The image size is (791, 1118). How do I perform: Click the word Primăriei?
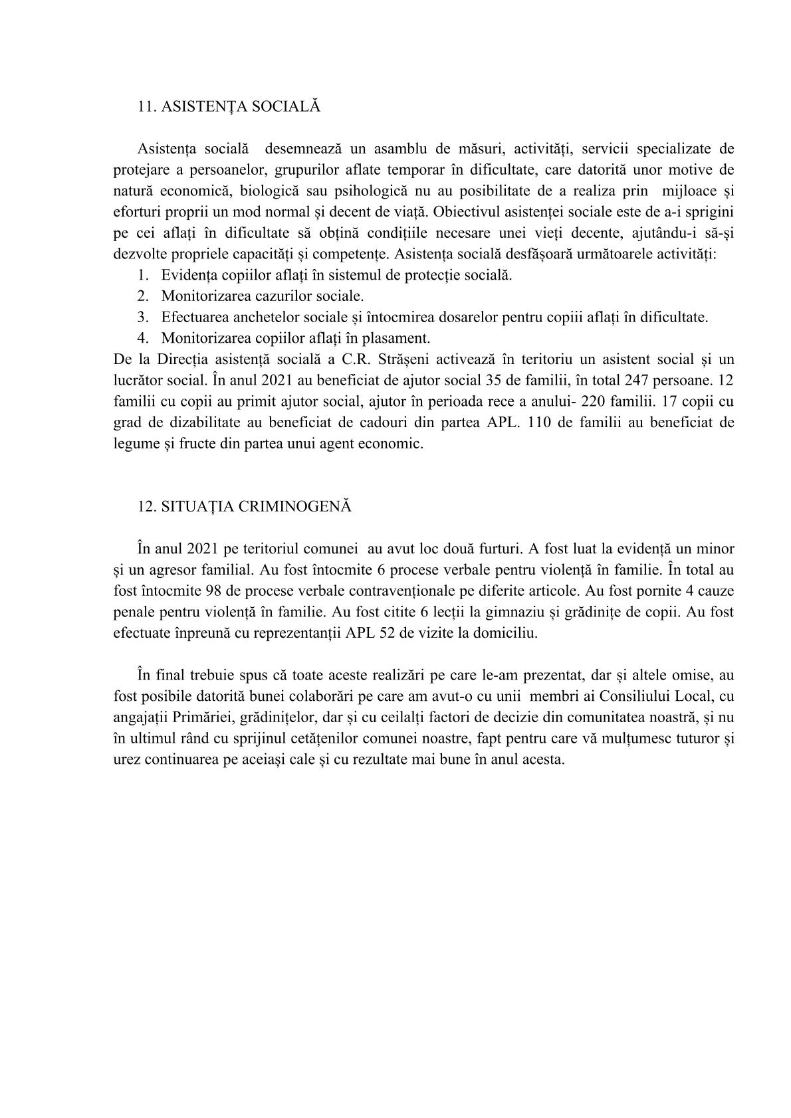click(204, 717)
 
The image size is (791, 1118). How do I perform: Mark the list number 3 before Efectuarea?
click(142, 317)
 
